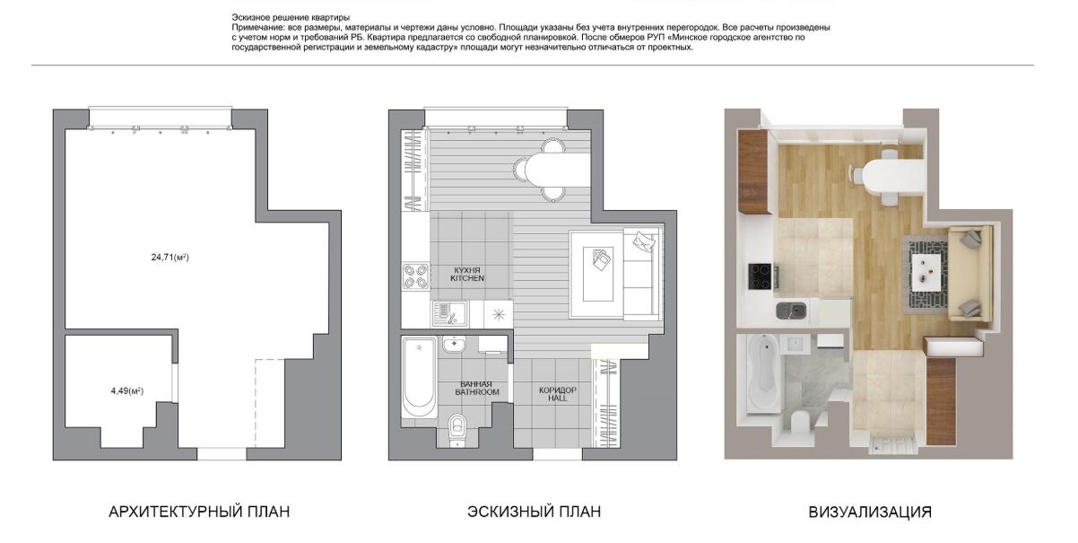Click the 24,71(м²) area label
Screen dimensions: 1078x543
point(170,258)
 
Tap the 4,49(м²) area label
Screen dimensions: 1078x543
point(127,390)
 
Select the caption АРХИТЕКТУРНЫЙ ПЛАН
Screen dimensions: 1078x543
point(199,512)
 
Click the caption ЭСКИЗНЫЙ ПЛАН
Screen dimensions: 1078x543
point(534,512)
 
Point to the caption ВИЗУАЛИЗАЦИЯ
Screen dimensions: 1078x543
point(870,512)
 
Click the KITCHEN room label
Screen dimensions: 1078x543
point(467,278)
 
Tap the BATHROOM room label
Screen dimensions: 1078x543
point(477,392)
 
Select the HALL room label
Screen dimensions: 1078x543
point(557,398)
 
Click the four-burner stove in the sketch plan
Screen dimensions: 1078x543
point(416,276)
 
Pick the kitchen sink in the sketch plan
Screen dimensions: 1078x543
point(449,314)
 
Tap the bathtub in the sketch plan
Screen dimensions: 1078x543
point(419,377)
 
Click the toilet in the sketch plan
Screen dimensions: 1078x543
point(456,430)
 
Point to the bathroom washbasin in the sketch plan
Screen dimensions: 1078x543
point(453,346)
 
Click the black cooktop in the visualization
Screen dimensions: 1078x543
point(760,276)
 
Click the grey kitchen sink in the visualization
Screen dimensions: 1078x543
point(790,311)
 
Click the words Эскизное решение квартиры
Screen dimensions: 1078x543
point(291,18)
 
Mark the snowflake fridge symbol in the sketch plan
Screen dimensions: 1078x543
point(499,315)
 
